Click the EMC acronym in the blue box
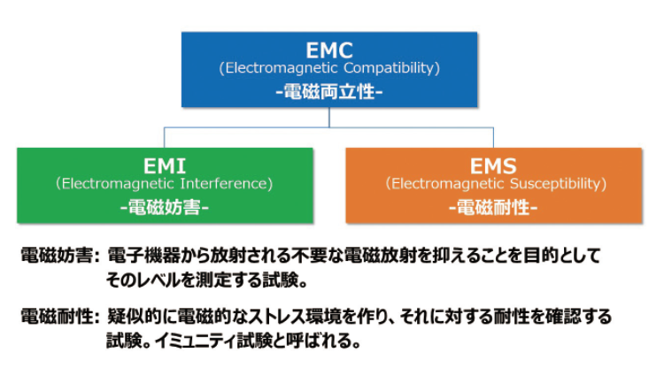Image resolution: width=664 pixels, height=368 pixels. coord(329,50)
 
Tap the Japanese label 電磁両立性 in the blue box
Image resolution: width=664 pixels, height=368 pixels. coord(329,91)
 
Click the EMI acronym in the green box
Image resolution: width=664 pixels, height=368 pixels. coord(165,165)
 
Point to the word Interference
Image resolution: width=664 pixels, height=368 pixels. coord(226,184)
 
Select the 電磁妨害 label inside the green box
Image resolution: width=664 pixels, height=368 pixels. coord(165,207)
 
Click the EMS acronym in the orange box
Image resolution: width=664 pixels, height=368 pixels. coord(493,165)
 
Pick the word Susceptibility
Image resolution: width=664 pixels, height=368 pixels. coord(558,184)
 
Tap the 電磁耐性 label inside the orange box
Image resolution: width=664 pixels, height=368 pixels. coord(493,207)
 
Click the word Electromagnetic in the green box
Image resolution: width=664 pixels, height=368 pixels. coord(115,184)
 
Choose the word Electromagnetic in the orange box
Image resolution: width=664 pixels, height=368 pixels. coord(444,184)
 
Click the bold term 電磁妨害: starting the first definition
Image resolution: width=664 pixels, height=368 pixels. coord(59,256)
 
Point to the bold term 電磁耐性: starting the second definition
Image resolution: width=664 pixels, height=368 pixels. coord(59,317)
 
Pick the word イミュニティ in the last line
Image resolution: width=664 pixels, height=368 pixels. coord(196,341)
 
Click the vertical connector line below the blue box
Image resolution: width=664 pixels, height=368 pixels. coord(329,117)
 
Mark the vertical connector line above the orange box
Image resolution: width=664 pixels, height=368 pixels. coord(493,137)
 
